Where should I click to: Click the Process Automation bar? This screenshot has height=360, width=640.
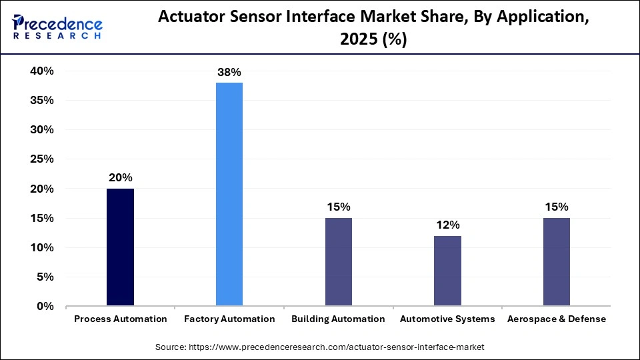click(x=120, y=247)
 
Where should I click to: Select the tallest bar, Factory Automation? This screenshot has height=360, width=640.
click(x=229, y=194)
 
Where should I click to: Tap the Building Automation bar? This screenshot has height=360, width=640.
click(x=338, y=262)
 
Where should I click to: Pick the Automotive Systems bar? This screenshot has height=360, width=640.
click(x=447, y=271)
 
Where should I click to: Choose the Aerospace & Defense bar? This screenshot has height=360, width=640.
click(x=556, y=262)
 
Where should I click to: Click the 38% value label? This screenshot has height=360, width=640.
click(x=229, y=71)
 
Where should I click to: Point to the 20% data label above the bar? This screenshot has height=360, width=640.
click(x=121, y=177)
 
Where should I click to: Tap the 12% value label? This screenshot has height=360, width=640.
click(x=447, y=225)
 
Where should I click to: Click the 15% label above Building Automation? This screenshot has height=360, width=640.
click(x=339, y=207)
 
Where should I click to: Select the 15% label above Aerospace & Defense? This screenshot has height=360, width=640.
click(x=556, y=207)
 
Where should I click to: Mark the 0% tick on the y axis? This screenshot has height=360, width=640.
click(x=45, y=307)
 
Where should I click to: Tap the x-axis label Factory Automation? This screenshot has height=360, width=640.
click(x=229, y=319)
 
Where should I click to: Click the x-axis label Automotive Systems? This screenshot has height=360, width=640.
click(x=447, y=319)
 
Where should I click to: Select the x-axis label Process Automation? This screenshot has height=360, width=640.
click(x=121, y=319)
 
